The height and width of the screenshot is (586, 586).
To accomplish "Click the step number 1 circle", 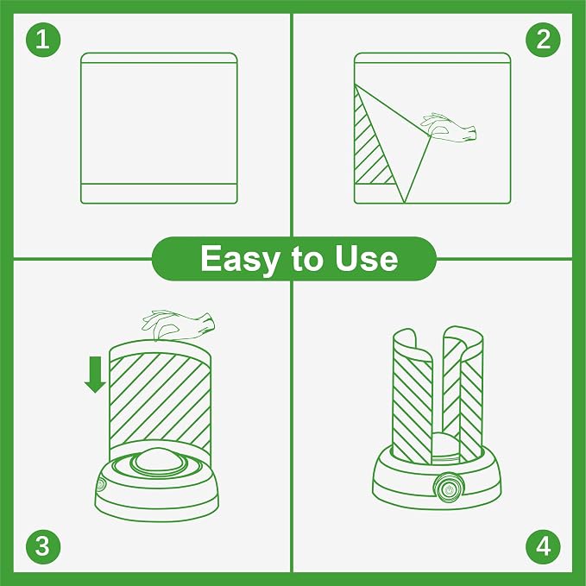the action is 43,39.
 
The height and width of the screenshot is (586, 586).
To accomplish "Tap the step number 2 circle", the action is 543,39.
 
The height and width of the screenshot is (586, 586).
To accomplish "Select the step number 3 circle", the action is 43,546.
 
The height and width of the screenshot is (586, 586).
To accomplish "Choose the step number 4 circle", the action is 543,546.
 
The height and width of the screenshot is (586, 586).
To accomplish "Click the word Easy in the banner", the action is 239,260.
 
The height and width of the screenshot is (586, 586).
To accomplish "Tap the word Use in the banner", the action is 366,258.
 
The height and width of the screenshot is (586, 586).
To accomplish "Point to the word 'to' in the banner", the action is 306,259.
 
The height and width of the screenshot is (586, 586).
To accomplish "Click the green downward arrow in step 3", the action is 96,375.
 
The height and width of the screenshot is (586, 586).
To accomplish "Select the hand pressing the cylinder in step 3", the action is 179,324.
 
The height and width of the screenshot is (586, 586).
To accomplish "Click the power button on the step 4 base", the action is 449,488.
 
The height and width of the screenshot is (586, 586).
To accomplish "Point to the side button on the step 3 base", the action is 101,485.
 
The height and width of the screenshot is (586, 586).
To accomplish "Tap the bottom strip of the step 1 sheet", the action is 159,193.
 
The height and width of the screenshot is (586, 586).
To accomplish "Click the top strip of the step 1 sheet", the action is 159,58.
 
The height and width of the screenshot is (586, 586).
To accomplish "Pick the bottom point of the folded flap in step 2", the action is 405,203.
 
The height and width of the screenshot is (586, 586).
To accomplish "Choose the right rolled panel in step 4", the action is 463,393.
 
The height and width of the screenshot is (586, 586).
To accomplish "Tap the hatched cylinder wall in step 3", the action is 160,400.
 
